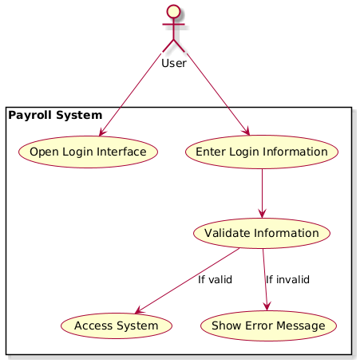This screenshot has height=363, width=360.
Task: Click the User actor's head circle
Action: [173, 12]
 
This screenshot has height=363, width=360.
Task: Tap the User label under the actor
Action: [174, 63]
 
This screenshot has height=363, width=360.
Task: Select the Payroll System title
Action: [55, 116]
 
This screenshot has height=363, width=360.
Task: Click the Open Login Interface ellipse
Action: [88, 152]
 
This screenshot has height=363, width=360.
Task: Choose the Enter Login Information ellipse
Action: [262, 152]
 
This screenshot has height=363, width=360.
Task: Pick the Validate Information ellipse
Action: [262, 233]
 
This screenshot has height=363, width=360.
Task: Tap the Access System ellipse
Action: [117, 326]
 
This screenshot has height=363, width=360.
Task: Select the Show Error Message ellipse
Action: [268, 326]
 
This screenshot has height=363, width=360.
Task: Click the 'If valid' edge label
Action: [215, 279]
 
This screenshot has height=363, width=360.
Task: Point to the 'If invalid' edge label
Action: [287, 279]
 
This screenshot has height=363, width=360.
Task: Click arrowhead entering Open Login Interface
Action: [101, 132]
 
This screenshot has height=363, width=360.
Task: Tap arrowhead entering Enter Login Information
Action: [247, 132]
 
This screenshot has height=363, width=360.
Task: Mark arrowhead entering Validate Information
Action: [262, 214]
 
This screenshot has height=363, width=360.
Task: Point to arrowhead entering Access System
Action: [139, 310]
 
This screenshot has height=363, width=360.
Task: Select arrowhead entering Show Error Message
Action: [267, 306]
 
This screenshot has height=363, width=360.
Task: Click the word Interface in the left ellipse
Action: [121, 152]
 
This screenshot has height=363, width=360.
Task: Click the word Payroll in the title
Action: [30, 116]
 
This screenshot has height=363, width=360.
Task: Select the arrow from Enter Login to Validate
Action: [262, 194]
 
